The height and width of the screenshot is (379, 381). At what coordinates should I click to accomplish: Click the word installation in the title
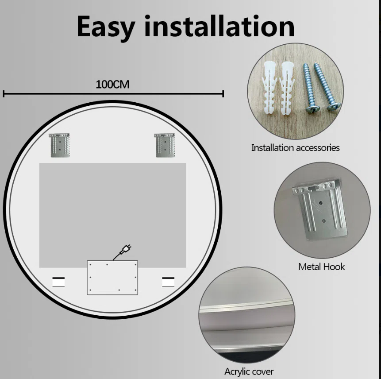pos(219,26)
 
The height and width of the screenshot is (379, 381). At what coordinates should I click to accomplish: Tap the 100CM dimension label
pos(112,85)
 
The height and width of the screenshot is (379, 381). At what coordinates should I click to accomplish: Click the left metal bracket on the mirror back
pos(60,145)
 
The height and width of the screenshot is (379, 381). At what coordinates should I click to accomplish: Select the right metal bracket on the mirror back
pos(165,145)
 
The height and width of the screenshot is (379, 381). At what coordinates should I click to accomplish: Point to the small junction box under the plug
pos(112,278)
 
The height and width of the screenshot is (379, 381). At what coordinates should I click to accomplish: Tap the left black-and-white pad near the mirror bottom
pos(58,282)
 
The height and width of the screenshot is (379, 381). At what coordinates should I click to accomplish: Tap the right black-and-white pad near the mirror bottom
pos(168,282)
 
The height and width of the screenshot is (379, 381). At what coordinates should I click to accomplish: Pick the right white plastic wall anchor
pos(288,88)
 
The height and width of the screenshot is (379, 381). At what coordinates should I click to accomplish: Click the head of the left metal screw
pos(313,109)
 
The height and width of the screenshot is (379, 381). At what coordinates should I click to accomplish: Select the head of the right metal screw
pos(333,106)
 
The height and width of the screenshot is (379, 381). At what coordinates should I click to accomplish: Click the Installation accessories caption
pos(295,148)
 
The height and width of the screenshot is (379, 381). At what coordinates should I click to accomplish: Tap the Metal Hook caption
pos(321,267)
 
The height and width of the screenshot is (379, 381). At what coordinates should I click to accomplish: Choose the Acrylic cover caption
pos(249,371)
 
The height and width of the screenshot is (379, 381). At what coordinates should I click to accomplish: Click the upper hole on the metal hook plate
pos(321,203)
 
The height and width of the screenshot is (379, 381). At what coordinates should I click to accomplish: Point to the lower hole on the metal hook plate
pos(323,221)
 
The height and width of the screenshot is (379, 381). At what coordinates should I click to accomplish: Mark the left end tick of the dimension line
pos(4,93)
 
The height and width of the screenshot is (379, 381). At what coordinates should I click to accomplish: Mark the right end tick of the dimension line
pos(223,93)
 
